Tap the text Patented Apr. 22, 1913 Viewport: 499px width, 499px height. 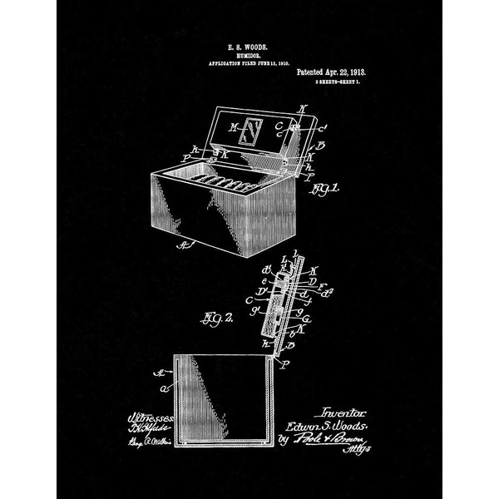(x=330, y=72)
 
